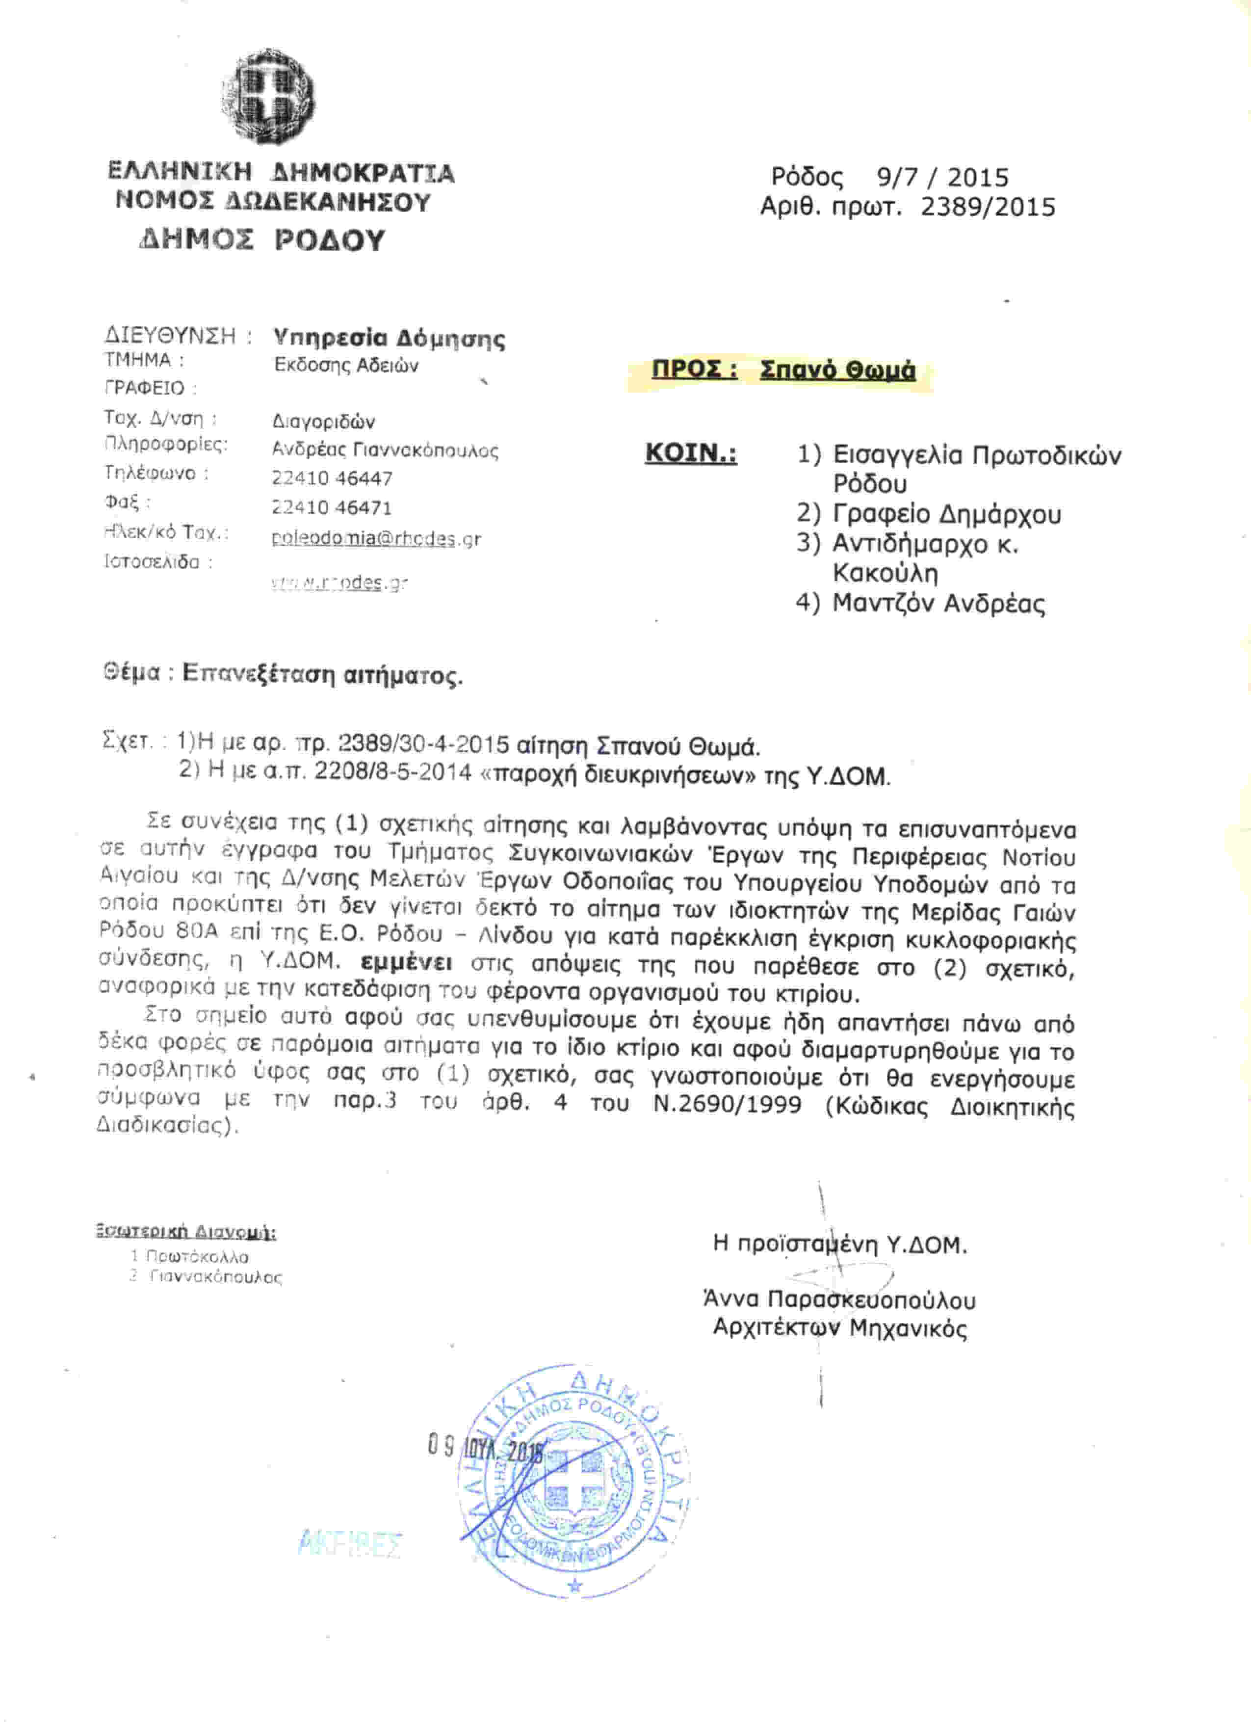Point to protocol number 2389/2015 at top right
tap(988, 207)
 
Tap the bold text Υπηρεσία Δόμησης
tap(388, 337)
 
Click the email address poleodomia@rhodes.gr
tap(376, 538)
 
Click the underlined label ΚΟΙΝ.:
tap(690, 453)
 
